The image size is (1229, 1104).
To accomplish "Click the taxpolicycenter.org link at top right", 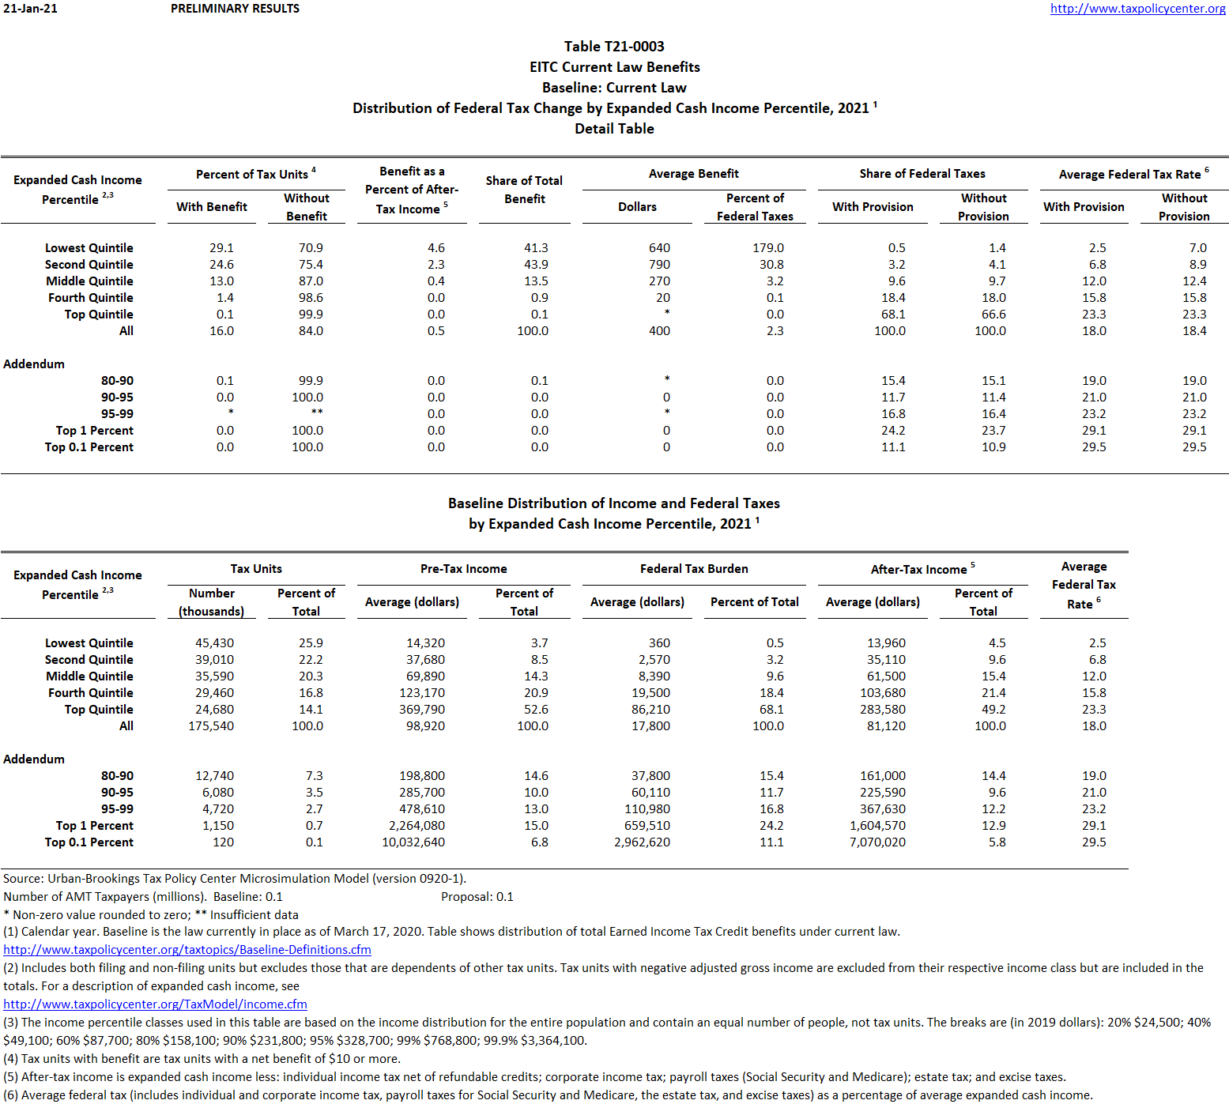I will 1137,9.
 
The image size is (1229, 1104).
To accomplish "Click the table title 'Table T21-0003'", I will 614,47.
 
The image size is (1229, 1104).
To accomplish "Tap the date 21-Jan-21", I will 30,9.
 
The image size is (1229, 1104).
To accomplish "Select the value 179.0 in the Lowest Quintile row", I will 767,248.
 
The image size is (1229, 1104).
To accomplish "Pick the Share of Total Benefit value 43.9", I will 535,265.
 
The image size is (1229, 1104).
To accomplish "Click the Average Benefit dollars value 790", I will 658,265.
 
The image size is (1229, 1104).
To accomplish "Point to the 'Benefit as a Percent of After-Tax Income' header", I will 412,190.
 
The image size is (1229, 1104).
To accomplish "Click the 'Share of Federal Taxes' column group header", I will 922,174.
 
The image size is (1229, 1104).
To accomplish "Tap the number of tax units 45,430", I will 214,643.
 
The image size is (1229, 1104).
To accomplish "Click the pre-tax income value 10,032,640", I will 413,842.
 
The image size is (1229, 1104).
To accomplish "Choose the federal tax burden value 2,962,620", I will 642,842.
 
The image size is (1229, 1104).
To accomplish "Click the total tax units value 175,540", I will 211,726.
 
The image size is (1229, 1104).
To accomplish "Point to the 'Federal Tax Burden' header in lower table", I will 694,569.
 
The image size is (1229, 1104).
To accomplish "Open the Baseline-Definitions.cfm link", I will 187,950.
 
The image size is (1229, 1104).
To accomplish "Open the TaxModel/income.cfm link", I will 155,1004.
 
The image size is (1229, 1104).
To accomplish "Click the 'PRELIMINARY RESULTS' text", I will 235,9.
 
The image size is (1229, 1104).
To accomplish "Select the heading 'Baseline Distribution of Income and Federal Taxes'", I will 613,503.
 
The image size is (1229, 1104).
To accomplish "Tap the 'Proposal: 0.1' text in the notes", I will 477,897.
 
